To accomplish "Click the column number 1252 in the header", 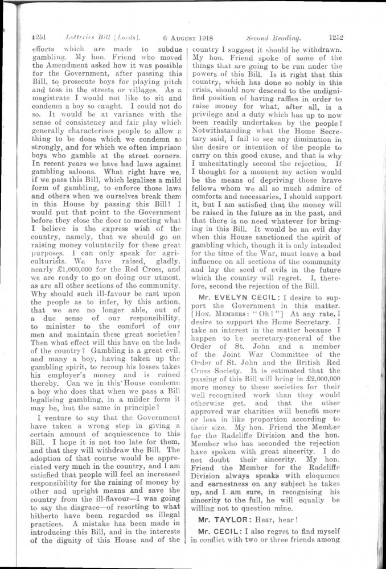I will click(x=338, y=38).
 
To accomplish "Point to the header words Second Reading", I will click(x=273, y=38).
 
